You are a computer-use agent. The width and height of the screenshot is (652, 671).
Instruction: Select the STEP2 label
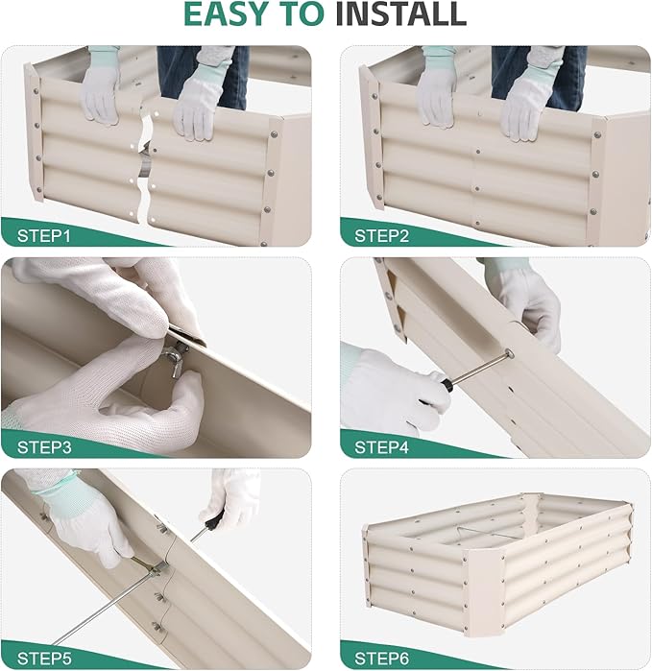click(384, 233)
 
